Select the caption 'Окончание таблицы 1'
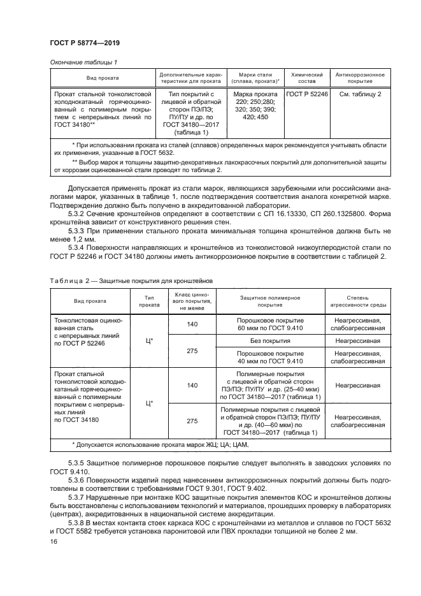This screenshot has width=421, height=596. click(x=83, y=62)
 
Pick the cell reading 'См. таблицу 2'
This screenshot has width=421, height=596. click(x=360, y=94)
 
